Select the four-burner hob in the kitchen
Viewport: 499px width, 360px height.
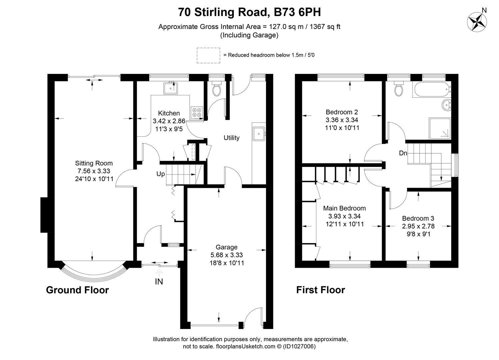tap(196, 112)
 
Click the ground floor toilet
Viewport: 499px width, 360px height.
tap(217, 88)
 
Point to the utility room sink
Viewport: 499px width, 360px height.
tap(259, 134)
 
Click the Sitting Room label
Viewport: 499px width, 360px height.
tap(94, 163)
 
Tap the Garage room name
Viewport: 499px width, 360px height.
tap(226, 247)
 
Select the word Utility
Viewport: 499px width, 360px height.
tap(231, 138)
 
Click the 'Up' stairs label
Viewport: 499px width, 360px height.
tap(160, 174)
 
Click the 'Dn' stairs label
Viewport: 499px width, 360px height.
tap(403, 153)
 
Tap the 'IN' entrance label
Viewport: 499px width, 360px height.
tap(159, 282)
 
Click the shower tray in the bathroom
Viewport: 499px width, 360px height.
tap(440, 128)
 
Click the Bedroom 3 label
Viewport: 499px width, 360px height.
tap(418, 218)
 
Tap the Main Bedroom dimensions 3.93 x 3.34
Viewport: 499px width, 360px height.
tap(344, 216)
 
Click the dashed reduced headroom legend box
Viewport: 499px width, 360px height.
tap(208, 55)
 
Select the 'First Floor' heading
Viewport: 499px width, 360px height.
tap(320, 290)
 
